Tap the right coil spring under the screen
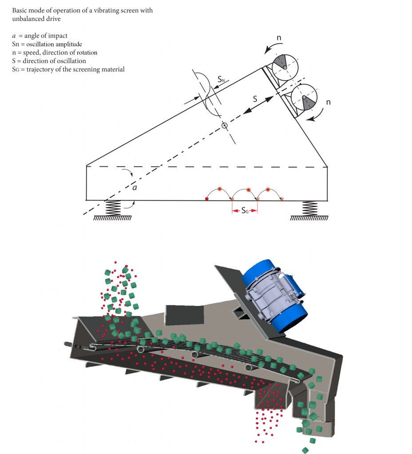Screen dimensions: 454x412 (309, 208)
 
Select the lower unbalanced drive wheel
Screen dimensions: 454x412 (303, 97)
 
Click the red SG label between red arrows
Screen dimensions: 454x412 (245, 211)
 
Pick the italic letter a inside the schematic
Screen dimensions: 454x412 (135, 188)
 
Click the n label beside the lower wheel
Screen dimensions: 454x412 (329, 102)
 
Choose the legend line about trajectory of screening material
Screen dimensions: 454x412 (68, 69)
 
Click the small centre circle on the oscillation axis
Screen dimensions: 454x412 (225, 126)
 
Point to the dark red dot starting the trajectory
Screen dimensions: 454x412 (207, 200)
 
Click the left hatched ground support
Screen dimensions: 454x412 (112, 218)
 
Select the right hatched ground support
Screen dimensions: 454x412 (309, 218)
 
